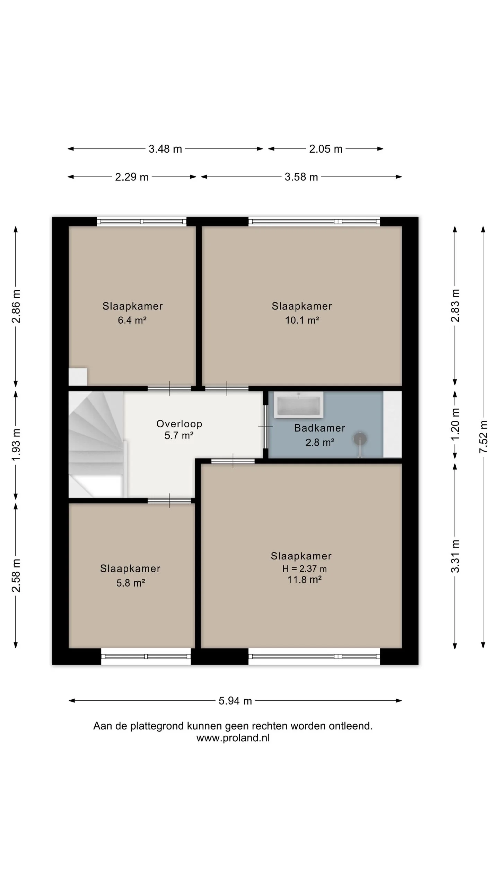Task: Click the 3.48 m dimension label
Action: coord(165,149)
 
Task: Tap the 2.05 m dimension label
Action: coord(326,149)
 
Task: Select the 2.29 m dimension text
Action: coord(132,177)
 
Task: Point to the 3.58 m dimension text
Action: coord(301,177)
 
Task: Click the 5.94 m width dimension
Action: coord(235,701)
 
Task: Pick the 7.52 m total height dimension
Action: coord(483,437)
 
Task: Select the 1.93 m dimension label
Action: coord(16,444)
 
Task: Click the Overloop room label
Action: coord(179,424)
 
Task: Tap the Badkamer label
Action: coord(319,428)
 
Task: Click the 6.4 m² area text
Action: coord(132,320)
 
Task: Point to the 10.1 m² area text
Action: coord(302,320)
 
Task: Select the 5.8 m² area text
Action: coord(131,583)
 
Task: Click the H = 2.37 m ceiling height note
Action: coord(304,569)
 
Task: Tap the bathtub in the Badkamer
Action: coord(299,405)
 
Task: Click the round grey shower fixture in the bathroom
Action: coord(360,439)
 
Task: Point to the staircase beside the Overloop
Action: coord(96,444)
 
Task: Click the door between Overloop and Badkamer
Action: coord(265,427)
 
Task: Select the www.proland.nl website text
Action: coord(233,738)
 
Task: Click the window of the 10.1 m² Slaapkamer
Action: coord(314,221)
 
